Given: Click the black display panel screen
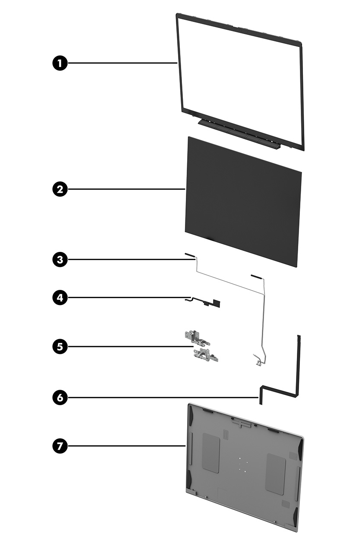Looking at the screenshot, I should tap(242, 201).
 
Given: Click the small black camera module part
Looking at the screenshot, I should tap(215, 304).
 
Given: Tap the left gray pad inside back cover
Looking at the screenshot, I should tap(211, 452).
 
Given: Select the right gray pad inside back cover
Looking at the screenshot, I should tap(275, 473).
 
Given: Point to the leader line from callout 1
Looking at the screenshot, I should tap(121, 64).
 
